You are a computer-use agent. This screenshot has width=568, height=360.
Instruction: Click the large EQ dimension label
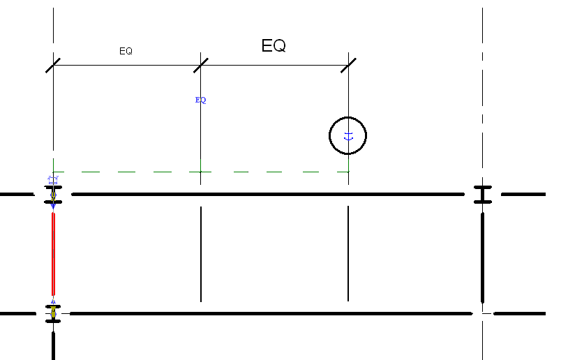(274, 46)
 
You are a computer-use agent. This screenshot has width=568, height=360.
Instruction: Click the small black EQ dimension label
(126, 51)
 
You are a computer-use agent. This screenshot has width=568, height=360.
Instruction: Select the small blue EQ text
(200, 100)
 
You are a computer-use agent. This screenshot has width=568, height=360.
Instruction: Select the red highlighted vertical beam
(52, 255)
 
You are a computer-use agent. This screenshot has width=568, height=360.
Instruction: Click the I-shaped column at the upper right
(482, 195)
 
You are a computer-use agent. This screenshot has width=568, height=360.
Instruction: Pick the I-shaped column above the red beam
(53, 195)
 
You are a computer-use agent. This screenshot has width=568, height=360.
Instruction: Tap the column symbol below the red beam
(53, 314)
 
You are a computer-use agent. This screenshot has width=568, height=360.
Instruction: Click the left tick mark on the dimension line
(54, 65)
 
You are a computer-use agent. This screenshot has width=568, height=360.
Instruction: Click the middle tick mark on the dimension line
(201, 65)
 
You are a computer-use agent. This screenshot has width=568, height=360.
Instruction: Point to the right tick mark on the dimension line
(348, 65)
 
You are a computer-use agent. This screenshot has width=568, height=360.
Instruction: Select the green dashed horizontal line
(209, 172)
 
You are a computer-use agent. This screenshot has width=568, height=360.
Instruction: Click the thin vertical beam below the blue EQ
(201, 255)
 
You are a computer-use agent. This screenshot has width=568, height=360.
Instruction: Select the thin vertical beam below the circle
(348, 255)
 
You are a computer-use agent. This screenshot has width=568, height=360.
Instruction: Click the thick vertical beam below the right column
(482, 258)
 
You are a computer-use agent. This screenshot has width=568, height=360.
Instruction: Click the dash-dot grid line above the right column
(482, 91)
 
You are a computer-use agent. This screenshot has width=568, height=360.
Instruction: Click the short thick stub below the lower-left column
(53, 345)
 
